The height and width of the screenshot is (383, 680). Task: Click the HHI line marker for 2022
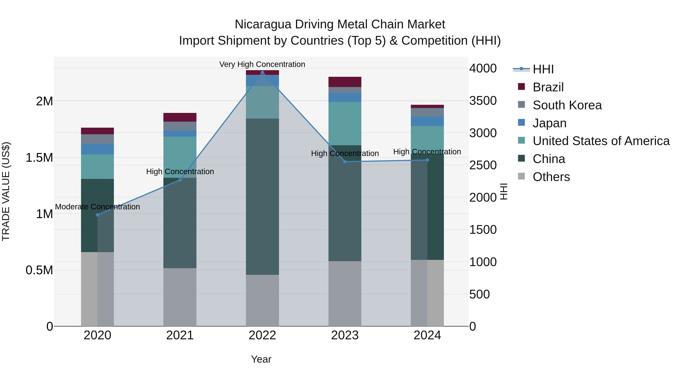point(262,72)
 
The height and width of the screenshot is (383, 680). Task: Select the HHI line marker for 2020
point(97,215)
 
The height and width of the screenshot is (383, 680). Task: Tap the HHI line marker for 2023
point(345,162)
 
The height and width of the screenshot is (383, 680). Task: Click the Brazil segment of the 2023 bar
point(345,82)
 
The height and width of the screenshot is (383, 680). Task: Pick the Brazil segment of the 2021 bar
point(180,117)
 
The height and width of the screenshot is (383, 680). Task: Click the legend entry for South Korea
point(567,105)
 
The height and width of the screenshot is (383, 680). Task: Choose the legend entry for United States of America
point(601,141)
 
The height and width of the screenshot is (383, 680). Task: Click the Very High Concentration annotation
point(262,64)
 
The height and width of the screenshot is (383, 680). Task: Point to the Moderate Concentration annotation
point(97,207)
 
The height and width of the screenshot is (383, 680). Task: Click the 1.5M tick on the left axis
point(39,158)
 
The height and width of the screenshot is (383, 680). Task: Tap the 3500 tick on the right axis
point(483,101)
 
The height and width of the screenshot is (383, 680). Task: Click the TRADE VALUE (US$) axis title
point(6,191)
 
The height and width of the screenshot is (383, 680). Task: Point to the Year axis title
point(261,359)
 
